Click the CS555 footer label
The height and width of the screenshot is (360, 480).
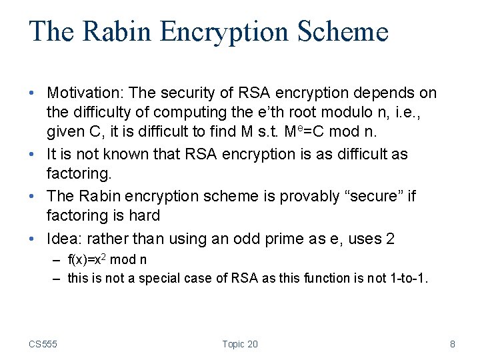(43, 344)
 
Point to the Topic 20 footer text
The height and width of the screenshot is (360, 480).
(240, 344)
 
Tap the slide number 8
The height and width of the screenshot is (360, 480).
(453, 344)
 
